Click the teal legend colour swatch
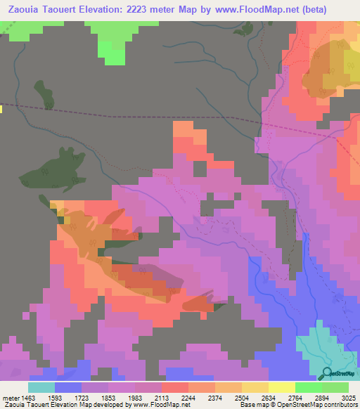[41, 387]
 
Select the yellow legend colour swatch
[281, 387]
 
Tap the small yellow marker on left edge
[1, 109]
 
